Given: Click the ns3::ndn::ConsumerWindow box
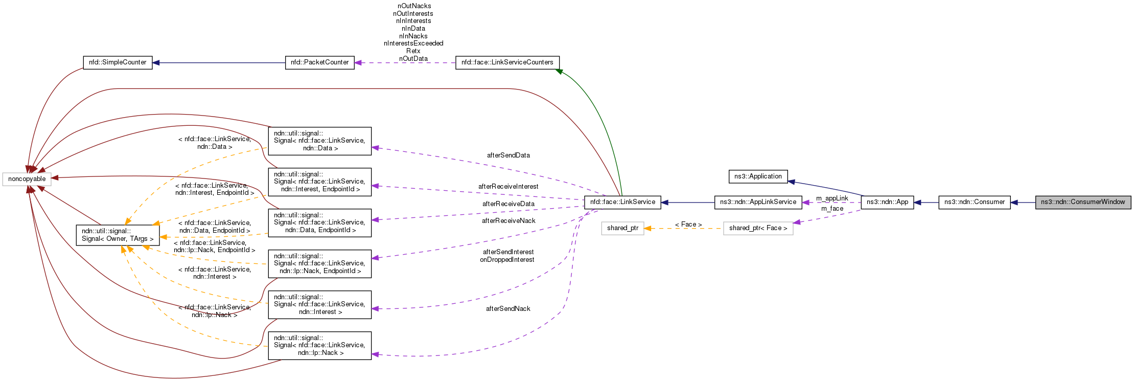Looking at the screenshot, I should point(1083,202).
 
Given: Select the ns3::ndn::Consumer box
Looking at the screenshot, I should point(974,202).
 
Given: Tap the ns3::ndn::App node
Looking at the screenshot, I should point(887,202).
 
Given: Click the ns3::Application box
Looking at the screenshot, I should point(758,176).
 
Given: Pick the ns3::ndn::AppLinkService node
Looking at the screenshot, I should point(758,202).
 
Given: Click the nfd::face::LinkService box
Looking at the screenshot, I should point(622,202).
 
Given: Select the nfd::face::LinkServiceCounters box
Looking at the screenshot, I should point(507,62).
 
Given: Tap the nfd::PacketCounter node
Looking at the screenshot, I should point(319,62).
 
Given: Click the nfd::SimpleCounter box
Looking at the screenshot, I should point(118,62).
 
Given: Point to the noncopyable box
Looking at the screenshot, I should point(27,179).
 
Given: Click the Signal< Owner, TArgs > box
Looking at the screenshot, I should point(118,235).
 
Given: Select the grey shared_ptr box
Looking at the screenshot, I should point(622,228).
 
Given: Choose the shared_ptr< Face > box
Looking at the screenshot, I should point(758,228).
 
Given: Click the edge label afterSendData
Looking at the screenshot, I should point(508,155).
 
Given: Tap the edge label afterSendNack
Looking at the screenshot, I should point(508,308).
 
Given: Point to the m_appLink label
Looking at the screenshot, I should point(832,198).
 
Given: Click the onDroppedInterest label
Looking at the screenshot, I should point(507,260).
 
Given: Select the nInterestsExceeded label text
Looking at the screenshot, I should point(413,43).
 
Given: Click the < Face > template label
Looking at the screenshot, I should point(688,225).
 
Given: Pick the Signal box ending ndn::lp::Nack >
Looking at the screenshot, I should point(319,345).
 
